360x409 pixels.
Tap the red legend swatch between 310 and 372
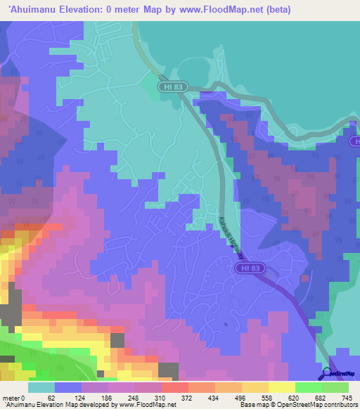(174, 388)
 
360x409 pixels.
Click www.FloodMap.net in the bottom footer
(141, 404)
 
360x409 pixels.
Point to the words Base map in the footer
(252, 404)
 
